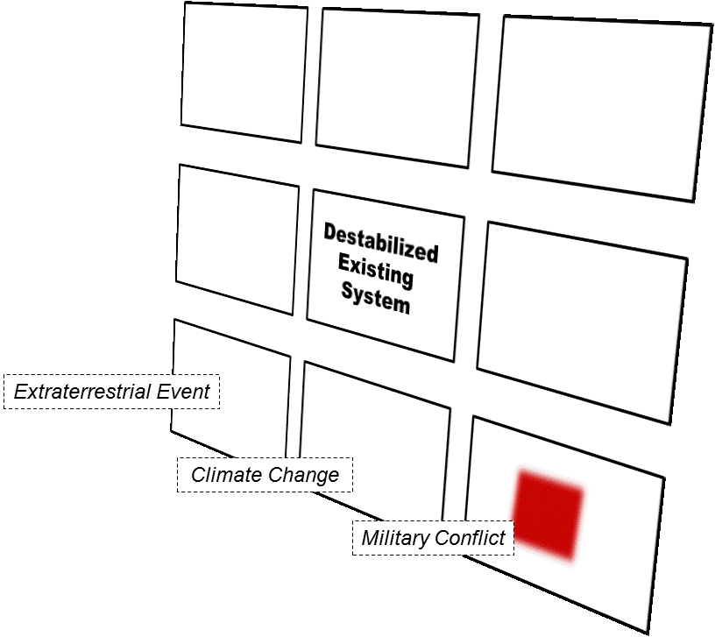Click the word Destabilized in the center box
pos(380,243)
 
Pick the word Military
pos(396,537)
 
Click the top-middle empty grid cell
pos(397,88)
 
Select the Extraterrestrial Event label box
pos(112,392)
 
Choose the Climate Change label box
pos(265,476)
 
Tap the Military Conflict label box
pos(434,537)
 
